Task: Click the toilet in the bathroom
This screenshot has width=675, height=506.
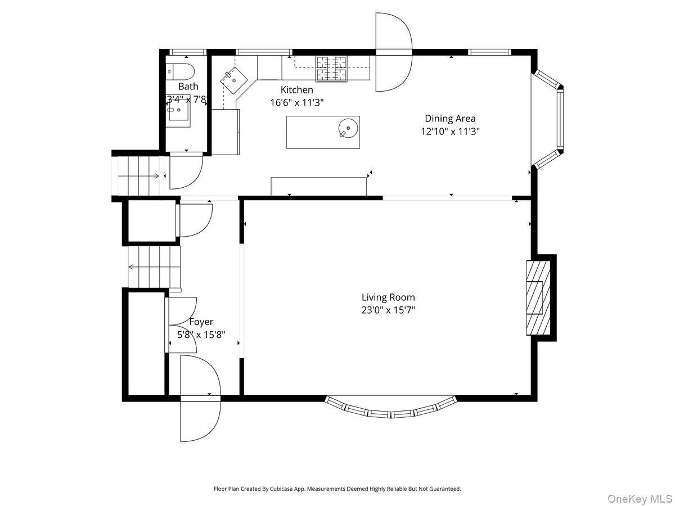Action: tap(181, 71)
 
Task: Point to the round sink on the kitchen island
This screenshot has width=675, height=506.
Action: tap(349, 128)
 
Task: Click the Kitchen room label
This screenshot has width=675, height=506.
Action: tap(296, 90)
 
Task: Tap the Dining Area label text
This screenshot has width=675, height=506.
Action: tap(450, 118)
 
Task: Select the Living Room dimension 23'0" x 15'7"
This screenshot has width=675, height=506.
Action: tap(388, 310)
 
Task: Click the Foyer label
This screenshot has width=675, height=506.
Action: tap(201, 322)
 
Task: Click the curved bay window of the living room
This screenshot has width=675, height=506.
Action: tap(391, 409)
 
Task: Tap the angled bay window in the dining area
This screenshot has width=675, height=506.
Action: tap(554, 119)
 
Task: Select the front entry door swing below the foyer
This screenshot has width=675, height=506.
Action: tap(200, 419)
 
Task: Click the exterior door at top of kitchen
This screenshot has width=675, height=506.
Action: tap(394, 52)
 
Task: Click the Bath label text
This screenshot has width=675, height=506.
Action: tap(188, 87)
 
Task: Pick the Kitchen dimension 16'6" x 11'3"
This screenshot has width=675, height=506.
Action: tap(296, 102)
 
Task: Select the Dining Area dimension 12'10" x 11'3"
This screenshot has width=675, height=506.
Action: tap(450, 131)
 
